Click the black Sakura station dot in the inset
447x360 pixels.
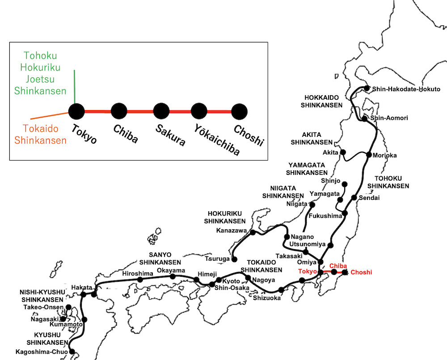coord(161,111)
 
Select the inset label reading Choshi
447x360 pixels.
coord(249,136)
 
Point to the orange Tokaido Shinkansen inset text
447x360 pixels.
coord(41,135)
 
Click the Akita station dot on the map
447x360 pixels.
coord(343,152)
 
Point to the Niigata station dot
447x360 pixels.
coord(312,205)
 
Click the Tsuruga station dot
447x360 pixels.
coord(234,259)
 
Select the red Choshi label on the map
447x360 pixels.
coord(361,272)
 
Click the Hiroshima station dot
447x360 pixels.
coord(140,280)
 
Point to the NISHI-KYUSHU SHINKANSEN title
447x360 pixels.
coord(42,296)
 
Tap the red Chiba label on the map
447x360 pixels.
coord(338,265)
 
